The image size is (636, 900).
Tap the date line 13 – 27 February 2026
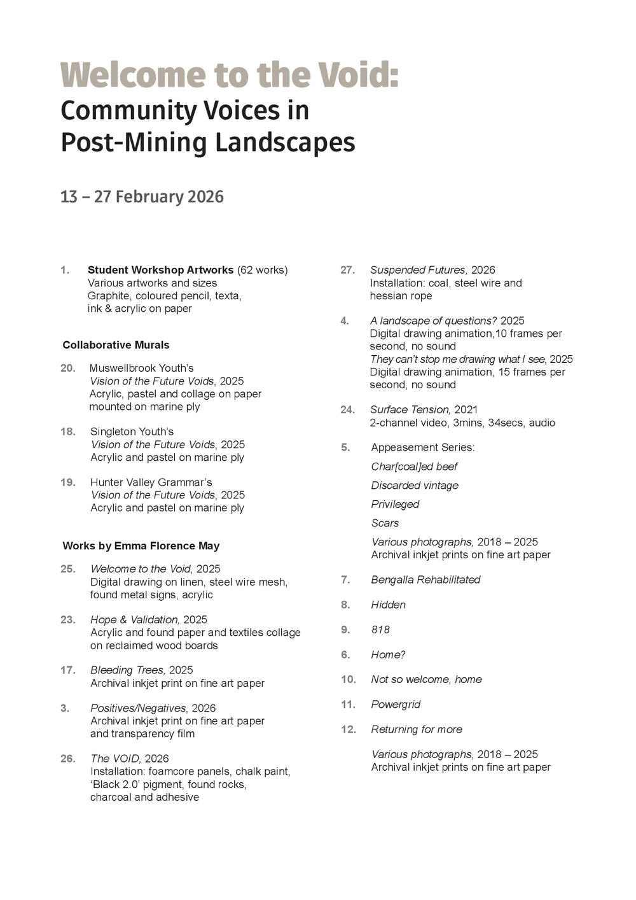[x=142, y=197]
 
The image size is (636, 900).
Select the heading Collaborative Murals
[x=116, y=345]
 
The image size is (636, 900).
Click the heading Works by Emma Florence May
[x=141, y=545]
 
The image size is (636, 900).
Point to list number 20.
[x=67, y=368]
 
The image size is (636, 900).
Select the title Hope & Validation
[x=135, y=619]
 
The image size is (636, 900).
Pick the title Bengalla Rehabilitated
[x=425, y=579]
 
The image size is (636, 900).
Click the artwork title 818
[x=380, y=629]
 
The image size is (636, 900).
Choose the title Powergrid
[x=396, y=704]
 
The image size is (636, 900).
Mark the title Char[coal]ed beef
[x=414, y=466]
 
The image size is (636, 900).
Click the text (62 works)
[x=262, y=270]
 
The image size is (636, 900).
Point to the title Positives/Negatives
[x=138, y=708]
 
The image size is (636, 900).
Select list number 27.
[x=347, y=270]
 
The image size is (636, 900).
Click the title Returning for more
[x=417, y=729]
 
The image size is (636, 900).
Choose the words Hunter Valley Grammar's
[x=151, y=482]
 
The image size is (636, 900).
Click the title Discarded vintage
[x=415, y=485]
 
